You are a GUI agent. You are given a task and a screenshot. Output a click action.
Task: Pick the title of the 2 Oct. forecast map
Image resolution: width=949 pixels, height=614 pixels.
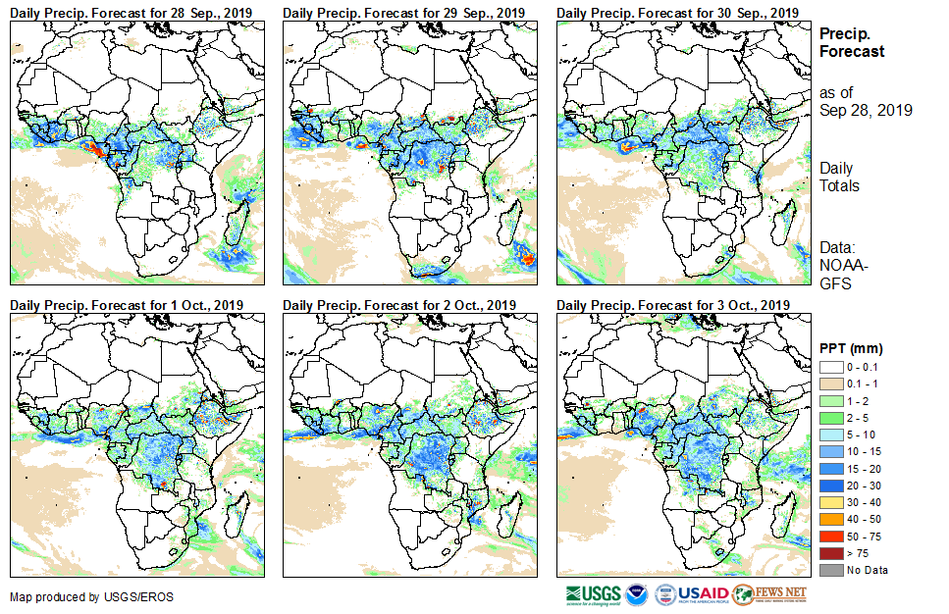(x=399, y=305)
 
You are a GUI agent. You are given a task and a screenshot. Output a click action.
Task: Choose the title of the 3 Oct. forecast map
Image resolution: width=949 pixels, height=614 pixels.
(x=673, y=305)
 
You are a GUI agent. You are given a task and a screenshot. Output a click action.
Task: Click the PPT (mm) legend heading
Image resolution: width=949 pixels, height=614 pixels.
(x=852, y=348)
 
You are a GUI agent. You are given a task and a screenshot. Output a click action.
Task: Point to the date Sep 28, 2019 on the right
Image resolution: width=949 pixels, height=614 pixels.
(x=866, y=110)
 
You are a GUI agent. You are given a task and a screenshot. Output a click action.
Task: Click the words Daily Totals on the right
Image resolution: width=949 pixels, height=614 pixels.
(x=840, y=178)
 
